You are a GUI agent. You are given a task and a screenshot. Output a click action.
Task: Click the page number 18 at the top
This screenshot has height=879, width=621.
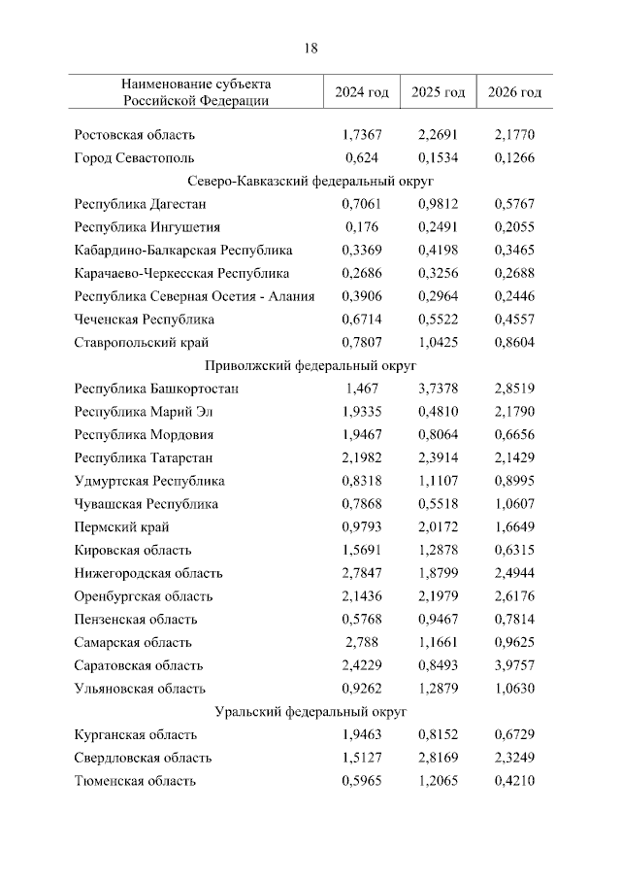coord(310,48)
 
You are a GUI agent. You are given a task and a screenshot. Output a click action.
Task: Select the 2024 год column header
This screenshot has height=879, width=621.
coord(362,92)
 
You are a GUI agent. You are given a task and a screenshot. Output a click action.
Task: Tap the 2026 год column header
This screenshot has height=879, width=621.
coord(514,92)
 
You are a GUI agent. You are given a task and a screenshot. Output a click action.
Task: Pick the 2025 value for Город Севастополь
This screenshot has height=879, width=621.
coord(439,157)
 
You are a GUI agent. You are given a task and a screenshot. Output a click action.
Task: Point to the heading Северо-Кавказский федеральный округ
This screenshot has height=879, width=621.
coord(310,182)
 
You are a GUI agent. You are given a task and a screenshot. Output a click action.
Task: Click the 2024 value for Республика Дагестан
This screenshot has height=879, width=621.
coord(362,204)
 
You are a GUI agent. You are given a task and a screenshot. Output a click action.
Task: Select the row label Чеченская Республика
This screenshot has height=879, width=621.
coord(145,320)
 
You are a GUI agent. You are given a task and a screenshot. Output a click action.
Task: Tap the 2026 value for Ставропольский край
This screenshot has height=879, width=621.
coord(514,343)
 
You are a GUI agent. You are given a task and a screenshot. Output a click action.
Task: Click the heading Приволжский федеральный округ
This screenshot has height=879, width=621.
coord(310,366)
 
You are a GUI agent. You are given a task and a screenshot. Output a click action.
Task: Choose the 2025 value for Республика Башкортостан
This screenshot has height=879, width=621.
coord(439,389)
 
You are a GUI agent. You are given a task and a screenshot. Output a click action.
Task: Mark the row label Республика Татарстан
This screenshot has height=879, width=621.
coord(144,457)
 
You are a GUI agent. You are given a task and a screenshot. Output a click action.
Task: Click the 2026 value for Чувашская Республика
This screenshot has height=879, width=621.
coord(514,504)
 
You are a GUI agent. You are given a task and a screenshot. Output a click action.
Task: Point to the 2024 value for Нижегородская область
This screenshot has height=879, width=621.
coord(362,573)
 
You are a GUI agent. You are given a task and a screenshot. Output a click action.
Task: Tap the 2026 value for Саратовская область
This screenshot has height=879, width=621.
coord(514,665)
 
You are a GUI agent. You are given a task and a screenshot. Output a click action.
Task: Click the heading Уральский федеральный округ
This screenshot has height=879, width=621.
coord(310,712)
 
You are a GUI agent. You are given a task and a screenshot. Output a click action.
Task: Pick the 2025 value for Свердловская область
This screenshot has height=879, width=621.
coord(439,758)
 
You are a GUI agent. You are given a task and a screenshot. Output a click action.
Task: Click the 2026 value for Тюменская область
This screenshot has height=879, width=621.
coord(514,781)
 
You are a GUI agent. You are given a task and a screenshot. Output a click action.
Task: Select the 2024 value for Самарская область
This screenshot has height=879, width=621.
coord(362,642)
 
